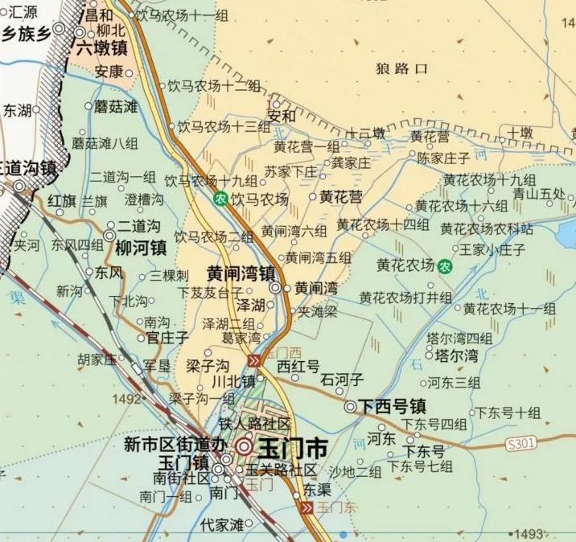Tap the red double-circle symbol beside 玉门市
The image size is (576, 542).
[244, 447]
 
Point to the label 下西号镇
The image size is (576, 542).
[392, 406]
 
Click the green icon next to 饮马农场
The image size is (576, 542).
[220, 199]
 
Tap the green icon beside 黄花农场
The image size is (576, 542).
[444, 265]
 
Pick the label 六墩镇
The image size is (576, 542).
[102, 48]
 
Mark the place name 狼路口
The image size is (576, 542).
[402, 69]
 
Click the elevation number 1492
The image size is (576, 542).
[126, 398]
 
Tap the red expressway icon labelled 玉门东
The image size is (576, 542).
[306, 508]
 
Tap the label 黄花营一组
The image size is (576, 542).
[307, 146]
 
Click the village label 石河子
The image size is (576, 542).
[342, 379]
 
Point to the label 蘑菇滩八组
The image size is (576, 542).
[105, 143]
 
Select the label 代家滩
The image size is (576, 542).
[222, 524]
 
